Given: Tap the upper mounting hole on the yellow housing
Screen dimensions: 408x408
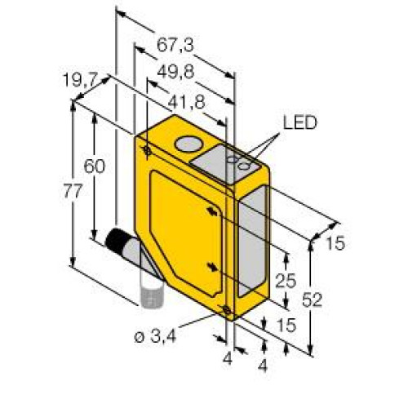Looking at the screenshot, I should (x=147, y=150).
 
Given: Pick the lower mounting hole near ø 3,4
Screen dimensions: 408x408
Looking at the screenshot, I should (x=225, y=308).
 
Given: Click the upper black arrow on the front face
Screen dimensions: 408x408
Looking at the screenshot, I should (x=213, y=211).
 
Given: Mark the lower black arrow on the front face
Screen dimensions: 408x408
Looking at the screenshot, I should (x=213, y=267).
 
